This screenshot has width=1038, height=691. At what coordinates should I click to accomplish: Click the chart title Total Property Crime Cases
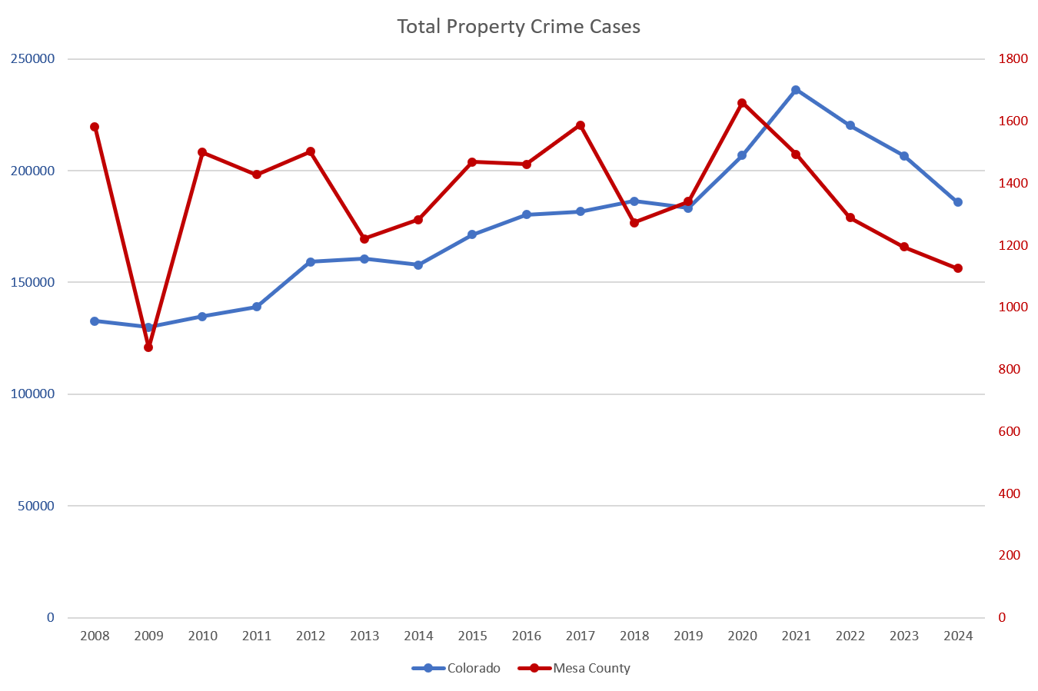click(518, 27)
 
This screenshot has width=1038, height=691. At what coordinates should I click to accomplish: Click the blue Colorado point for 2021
click(796, 90)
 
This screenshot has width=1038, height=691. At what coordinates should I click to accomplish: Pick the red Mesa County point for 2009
click(148, 347)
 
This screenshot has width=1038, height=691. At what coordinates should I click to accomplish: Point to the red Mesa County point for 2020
click(742, 103)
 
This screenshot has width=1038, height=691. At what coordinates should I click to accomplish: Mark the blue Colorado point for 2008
click(95, 321)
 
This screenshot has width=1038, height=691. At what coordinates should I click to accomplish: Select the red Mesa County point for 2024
click(958, 268)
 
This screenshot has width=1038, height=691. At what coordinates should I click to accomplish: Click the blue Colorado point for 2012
click(311, 262)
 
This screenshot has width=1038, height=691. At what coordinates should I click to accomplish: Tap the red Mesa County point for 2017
click(581, 125)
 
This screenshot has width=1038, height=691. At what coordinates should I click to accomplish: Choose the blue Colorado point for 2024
click(958, 202)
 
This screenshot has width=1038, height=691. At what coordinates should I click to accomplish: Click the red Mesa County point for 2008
click(95, 127)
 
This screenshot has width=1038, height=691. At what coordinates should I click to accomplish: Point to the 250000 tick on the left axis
click(33, 59)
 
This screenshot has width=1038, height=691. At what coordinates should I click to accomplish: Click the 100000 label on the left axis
click(33, 394)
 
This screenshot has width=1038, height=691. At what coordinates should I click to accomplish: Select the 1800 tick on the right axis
click(1013, 59)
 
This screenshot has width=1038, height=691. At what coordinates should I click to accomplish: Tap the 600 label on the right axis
click(1010, 431)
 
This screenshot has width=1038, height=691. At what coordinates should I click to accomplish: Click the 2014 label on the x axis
click(418, 636)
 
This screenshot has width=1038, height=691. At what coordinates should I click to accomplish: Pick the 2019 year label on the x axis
click(688, 636)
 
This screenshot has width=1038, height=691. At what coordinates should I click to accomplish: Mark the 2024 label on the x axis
click(958, 636)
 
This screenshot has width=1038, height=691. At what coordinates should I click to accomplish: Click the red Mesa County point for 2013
click(364, 239)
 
